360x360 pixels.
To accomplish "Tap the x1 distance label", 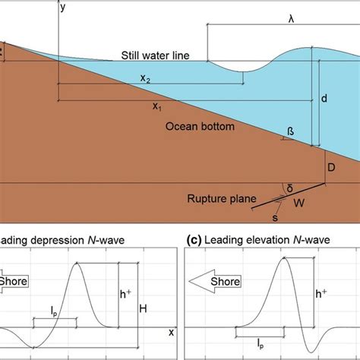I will tap(156, 107).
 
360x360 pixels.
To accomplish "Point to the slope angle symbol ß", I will tap(289, 131).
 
